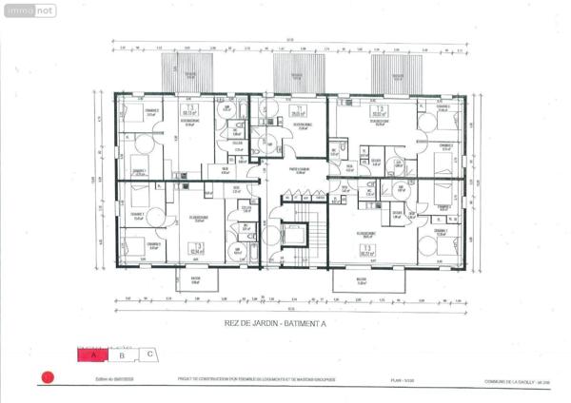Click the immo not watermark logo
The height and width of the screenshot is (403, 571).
click(x=30, y=10)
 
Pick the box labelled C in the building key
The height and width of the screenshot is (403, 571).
click(x=150, y=354)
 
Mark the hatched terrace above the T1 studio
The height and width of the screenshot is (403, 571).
click(x=297, y=72)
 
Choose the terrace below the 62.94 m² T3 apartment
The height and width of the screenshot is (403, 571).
click(x=195, y=280)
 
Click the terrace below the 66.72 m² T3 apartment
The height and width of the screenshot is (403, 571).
click(x=363, y=280)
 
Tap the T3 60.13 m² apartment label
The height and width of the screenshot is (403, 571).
click(x=188, y=112)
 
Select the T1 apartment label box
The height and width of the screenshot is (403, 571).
click(x=298, y=110)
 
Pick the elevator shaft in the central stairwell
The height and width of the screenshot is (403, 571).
click(x=297, y=236)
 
